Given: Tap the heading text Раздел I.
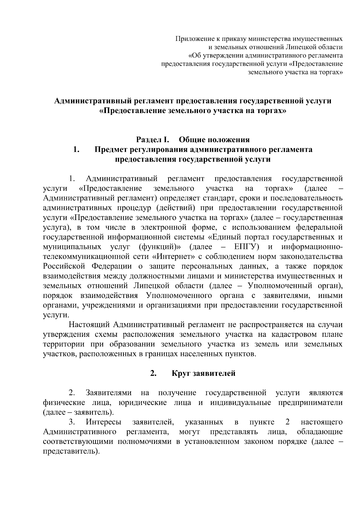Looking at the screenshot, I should click(x=153, y=140).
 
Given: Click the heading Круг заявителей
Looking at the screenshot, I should click(x=203, y=373).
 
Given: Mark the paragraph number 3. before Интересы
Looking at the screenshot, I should click(x=72, y=422).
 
